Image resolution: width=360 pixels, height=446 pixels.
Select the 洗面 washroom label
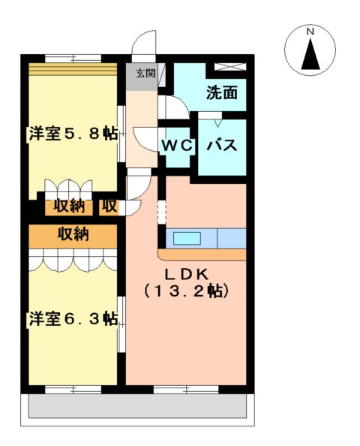pos(222,93)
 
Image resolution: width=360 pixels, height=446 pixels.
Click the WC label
pos(178,145)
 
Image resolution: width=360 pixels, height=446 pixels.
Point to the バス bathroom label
pos(222,145)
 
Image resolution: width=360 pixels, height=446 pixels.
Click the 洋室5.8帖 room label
pos(73,134)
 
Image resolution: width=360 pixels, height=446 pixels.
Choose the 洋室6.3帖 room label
pos(73,318)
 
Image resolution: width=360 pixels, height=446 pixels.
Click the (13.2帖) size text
pos(186,291)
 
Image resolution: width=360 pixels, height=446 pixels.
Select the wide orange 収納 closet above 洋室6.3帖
pos(73,234)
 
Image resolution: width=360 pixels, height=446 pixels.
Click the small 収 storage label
pos(109,206)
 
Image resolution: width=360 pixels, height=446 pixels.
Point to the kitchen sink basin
pos(187,239)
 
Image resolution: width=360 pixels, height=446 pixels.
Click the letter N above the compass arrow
pos(310,32)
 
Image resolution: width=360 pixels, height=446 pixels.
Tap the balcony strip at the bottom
pos(137,406)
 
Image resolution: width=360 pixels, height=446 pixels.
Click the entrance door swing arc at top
pos(145,44)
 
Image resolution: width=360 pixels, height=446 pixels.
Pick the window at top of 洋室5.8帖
pos(73,58)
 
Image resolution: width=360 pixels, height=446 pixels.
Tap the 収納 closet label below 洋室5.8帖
pos(68,206)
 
